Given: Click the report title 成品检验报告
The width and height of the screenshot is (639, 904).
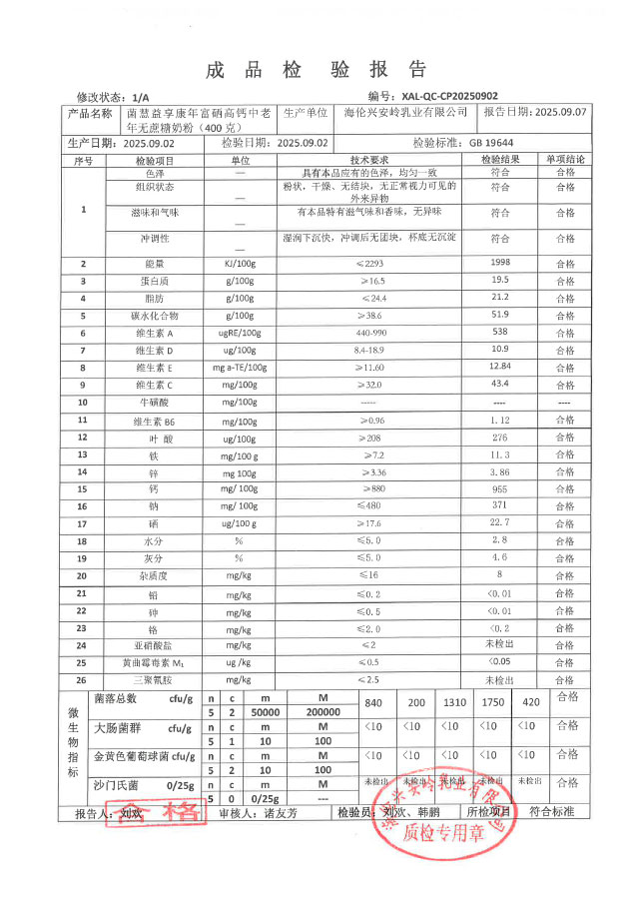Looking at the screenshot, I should click(x=317, y=70).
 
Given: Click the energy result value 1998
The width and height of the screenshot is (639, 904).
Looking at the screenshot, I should click(x=500, y=263).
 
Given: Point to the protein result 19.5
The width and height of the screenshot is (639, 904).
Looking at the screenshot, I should click(x=500, y=281).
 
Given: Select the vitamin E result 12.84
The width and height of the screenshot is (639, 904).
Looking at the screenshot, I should click(x=500, y=367).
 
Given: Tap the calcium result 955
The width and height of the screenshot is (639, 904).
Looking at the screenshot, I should click(x=500, y=489).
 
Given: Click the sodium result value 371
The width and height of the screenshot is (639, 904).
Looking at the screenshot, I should click(x=500, y=506).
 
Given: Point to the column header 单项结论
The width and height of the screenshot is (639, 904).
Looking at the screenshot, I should click(x=565, y=160).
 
